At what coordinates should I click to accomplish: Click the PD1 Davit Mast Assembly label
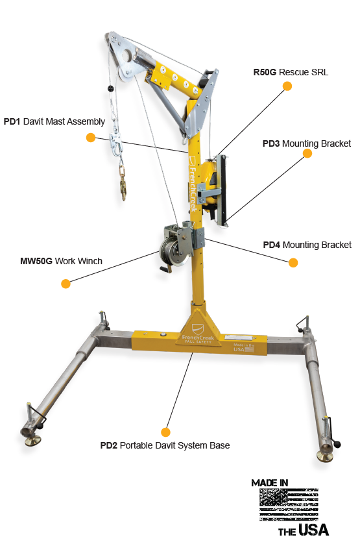54,121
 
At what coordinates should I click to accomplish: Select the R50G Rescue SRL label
291,72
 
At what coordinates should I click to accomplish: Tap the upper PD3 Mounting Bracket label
307,143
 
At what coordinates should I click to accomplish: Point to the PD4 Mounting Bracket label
307,245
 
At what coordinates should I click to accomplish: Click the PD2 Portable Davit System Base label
165,445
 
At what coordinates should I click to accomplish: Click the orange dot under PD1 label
91,138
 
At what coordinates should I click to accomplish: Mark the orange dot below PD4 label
293,263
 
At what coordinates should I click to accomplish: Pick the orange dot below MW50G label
65,284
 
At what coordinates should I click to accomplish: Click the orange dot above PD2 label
165,432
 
